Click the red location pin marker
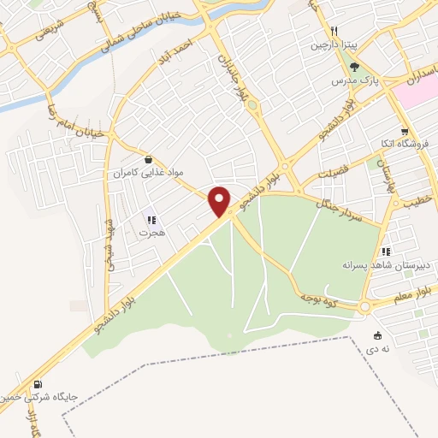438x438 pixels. (x=221, y=201)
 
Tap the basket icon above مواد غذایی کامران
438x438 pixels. (x=150, y=159)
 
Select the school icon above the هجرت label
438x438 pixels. (x=151, y=219)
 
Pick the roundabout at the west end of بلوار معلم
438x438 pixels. (x=365, y=306)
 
